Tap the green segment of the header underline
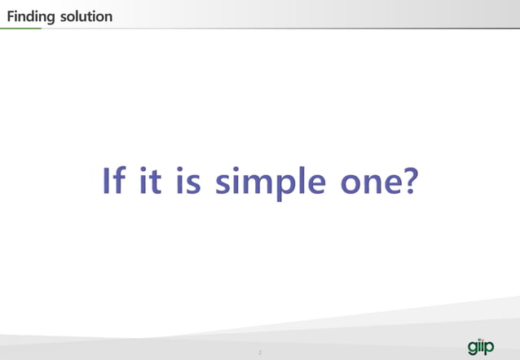20,28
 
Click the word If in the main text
113,182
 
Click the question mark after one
408,181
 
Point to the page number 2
259,353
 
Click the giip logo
481,345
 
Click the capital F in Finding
11,16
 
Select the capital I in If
107,181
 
